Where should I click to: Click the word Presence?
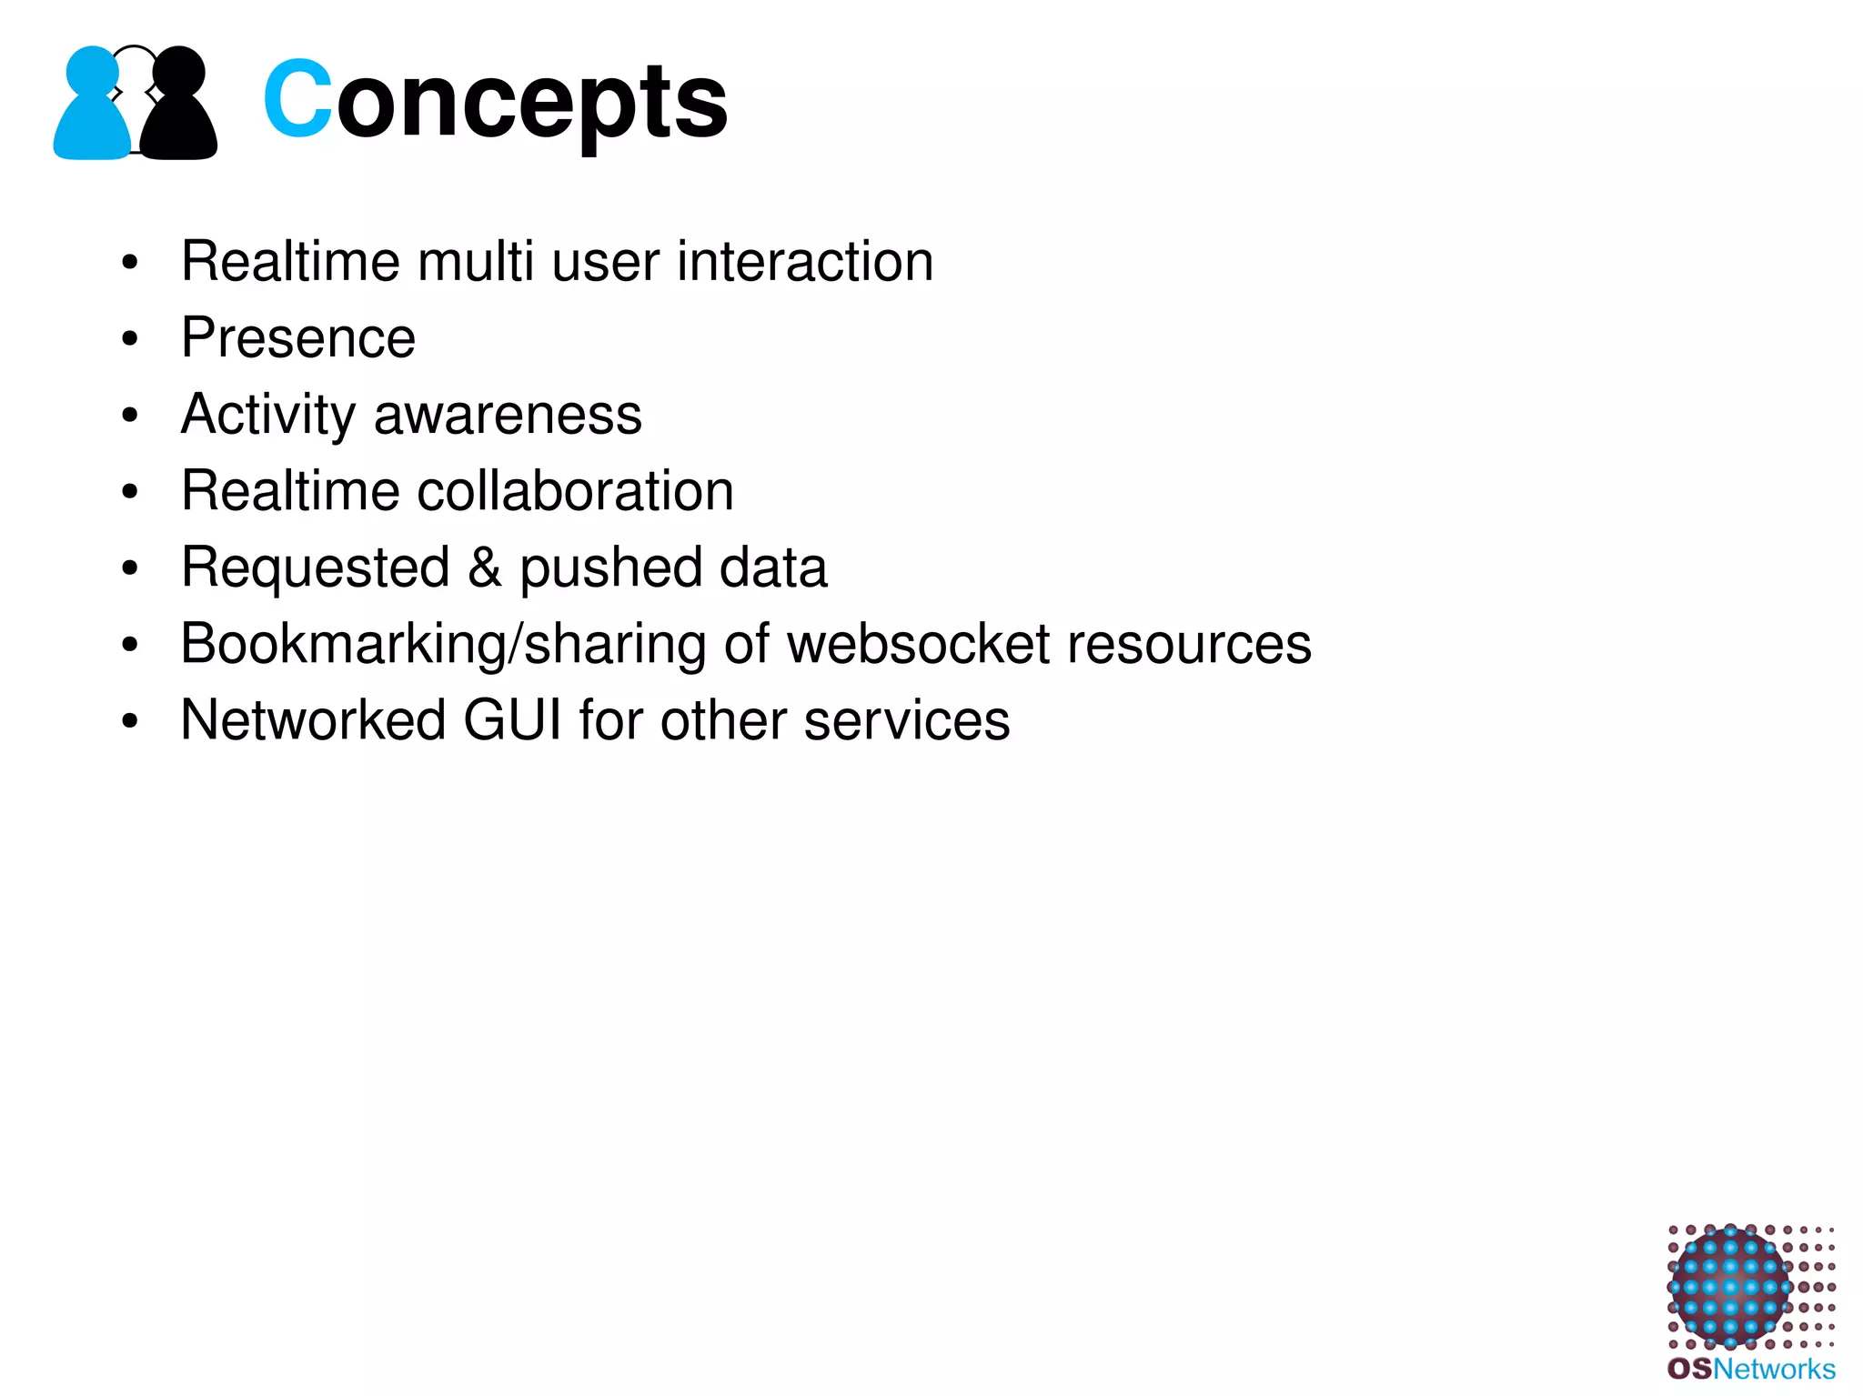[298, 338]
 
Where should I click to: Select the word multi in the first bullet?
[475, 262]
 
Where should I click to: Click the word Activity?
[268, 416]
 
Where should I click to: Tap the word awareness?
[508, 416]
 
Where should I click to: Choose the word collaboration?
[575, 491]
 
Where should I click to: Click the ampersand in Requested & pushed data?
[485, 567]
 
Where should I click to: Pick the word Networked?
[313, 720]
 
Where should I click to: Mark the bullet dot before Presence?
[130, 339]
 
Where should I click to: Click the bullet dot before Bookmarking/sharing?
[130, 645]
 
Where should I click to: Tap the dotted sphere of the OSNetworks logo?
[1729, 1287]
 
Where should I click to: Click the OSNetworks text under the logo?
[1751, 1369]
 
